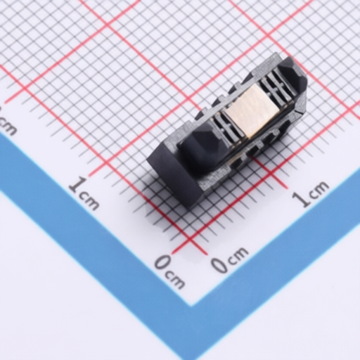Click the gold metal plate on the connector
pyautogui.click(x=250, y=110)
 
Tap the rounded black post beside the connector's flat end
pyautogui.click(x=199, y=150)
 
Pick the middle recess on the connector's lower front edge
pyautogui.click(x=254, y=149)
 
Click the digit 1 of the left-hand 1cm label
pyautogui.click(x=77, y=184)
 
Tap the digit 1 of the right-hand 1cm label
pyautogui.click(x=302, y=200)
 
